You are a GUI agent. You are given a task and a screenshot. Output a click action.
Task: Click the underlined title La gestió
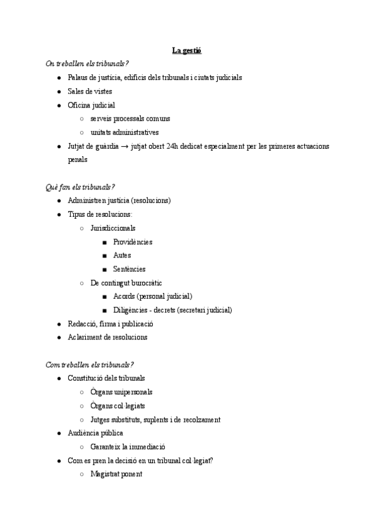pyautogui.click(x=187, y=50)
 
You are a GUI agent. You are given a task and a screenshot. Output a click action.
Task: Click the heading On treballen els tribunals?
pyautogui.click(x=87, y=64)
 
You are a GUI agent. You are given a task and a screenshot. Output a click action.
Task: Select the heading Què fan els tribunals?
pyautogui.click(x=80, y=187)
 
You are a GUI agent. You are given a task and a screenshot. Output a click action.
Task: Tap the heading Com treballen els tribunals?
pyautogui.click(x=90, y=364)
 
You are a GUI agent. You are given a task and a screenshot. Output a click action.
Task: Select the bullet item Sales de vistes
pyautogui.click(x=90, y=91)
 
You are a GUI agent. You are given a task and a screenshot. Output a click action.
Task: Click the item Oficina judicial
pyautogui.click(x=91, y=105)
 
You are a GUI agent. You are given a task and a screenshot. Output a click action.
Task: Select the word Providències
pyautogui.click(x=133, y=242)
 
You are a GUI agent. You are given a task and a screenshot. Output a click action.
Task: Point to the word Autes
pyautogui.click(x=122, y=256)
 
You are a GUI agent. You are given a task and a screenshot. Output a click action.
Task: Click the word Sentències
pyautogui.click(x=129, y=269)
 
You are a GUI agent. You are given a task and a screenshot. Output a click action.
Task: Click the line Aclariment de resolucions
pyautogui.click(x=108, y=337)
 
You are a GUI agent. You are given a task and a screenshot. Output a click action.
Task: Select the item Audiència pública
pyautogui.click(x=95, y=433)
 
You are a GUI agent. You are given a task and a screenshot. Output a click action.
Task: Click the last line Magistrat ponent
pyautogui.click(x=116, y=474)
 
